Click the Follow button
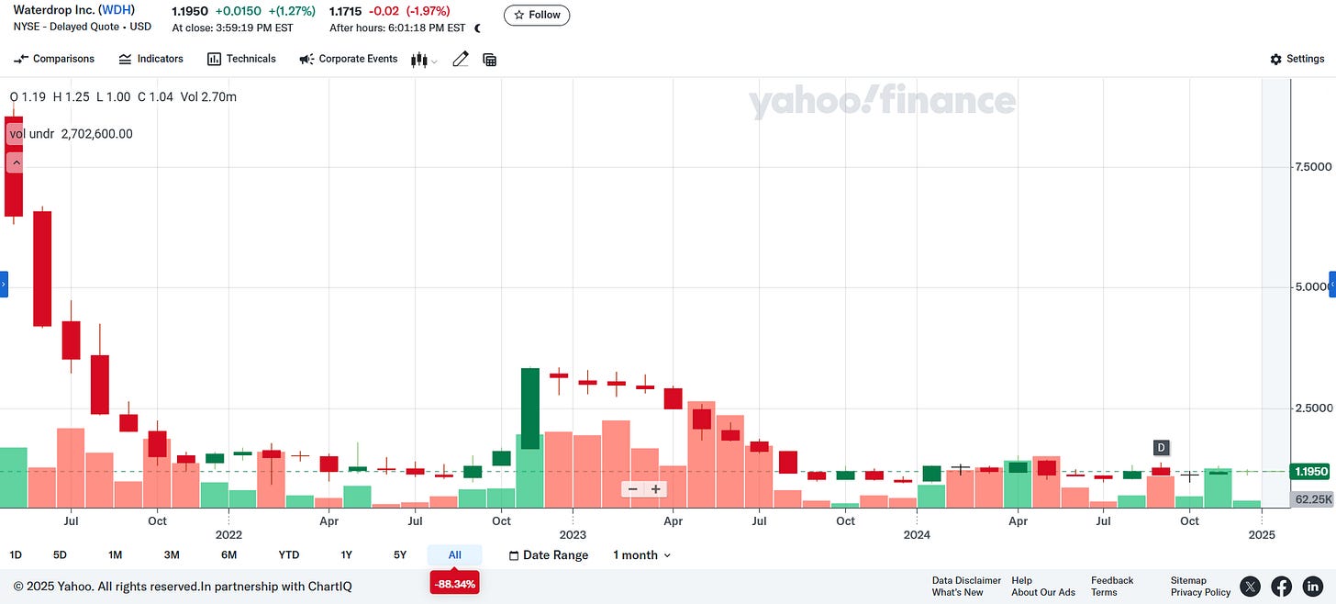537,16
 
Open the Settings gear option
1297,59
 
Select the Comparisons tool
54,59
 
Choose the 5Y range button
400,554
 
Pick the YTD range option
289,554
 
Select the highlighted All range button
454,554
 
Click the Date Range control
549,554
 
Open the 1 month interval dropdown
641,554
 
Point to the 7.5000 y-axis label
1312,167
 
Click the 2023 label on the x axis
573,534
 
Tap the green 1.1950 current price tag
1311,472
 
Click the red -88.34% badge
454,583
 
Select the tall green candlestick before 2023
530,408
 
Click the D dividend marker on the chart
1161,448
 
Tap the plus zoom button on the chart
656,489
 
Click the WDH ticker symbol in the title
117,10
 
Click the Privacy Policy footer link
1200,592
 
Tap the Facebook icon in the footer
1281,586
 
